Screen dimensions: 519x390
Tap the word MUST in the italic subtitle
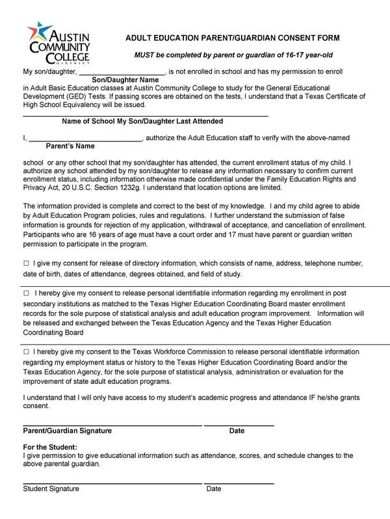point(144,56)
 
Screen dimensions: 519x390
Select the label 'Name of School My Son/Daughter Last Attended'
point(142,121)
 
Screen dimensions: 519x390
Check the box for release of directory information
point(26,263)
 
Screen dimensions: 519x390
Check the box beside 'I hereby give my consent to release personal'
point(26,293)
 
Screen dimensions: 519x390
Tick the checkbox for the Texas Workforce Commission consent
point(26,352)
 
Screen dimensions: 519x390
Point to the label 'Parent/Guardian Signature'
point(67,431)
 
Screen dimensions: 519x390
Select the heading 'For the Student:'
point(50,448)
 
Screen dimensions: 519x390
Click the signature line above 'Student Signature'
point(112,483)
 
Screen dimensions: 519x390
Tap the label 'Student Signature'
point(51,489)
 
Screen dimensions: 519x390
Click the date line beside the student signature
point(239,483)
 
